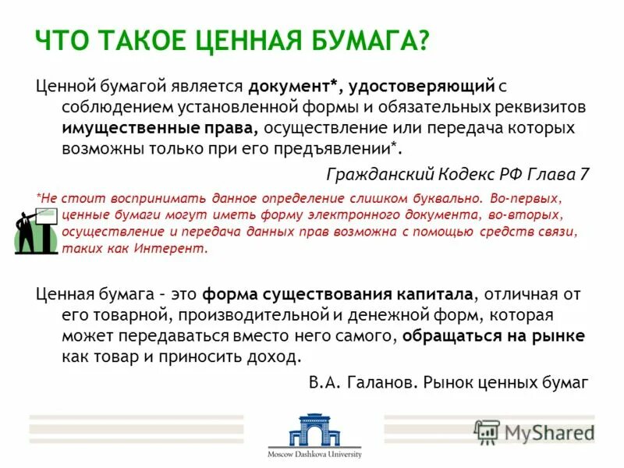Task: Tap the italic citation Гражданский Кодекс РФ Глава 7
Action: pyautogui.click(x=458, y=174)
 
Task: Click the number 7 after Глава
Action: pyautogui.click(x=584, y=174)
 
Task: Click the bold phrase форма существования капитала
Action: pyautogui.click(x=338, y=295)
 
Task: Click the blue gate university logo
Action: pyautogui.click(x=314, y=430)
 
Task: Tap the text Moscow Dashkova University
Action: pyautogui.click(x=314, y=454)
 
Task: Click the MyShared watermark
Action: pyautogui.click(x=534, y=432)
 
